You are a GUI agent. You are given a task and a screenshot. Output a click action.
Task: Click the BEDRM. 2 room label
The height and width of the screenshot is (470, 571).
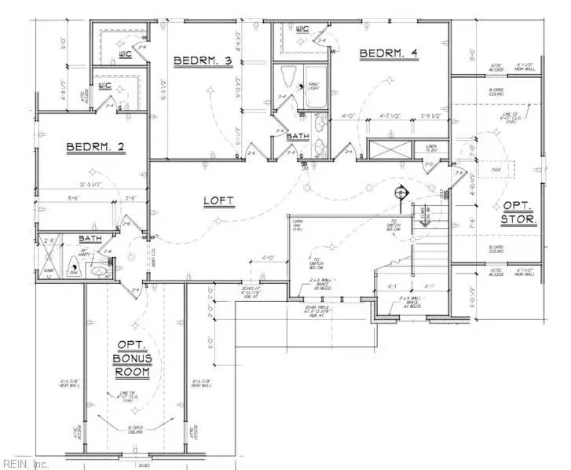[x=96, y=146]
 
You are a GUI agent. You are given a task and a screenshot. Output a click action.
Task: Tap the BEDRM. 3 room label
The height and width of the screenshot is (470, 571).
[x=203, y=60]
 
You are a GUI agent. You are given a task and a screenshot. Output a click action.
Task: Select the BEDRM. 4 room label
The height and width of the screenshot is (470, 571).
[x=388, y=53]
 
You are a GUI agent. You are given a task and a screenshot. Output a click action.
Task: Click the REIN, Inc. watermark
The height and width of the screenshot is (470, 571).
[x=25, y=463]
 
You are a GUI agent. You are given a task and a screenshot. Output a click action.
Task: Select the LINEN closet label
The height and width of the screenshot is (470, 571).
[x=431, y=147]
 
